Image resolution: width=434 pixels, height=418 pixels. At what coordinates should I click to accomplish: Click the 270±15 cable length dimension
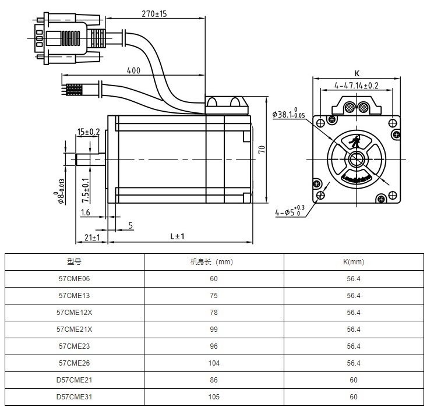click(154, 13)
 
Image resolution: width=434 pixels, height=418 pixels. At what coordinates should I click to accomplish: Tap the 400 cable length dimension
click(133, 70)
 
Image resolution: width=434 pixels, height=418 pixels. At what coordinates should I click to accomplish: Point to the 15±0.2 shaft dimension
click(89, 132)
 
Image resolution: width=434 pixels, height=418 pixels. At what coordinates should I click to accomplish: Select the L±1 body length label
click(177, 236)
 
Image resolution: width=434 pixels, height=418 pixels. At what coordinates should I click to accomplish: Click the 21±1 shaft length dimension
click(92, 238)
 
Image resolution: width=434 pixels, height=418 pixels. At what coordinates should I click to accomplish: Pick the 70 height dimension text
click(262, 150)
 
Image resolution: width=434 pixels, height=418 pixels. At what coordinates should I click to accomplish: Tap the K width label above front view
click(357, 73)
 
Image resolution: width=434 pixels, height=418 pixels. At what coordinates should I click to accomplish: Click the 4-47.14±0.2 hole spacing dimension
click(356, 86)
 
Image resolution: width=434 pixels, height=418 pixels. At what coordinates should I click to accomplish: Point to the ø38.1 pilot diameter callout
click(288, 113)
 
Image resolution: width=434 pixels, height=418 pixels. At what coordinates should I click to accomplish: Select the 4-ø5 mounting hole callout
click(290, 211)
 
